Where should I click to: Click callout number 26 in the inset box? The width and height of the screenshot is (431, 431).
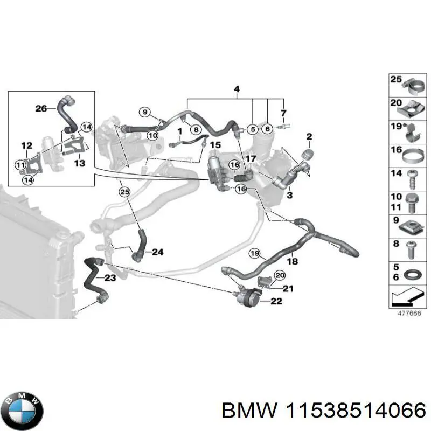[41, 108]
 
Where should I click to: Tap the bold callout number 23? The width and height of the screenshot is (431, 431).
[110, 278]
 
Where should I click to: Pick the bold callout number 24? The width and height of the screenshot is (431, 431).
[157, 252]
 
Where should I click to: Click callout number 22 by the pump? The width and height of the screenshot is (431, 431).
[275, 301]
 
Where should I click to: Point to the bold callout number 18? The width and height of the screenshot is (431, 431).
[292, 261]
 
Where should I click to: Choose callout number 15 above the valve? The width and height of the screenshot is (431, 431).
[215, 145]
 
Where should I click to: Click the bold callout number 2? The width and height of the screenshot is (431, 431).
[309, 136]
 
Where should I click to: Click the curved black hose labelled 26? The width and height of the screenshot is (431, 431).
[68, 114]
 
